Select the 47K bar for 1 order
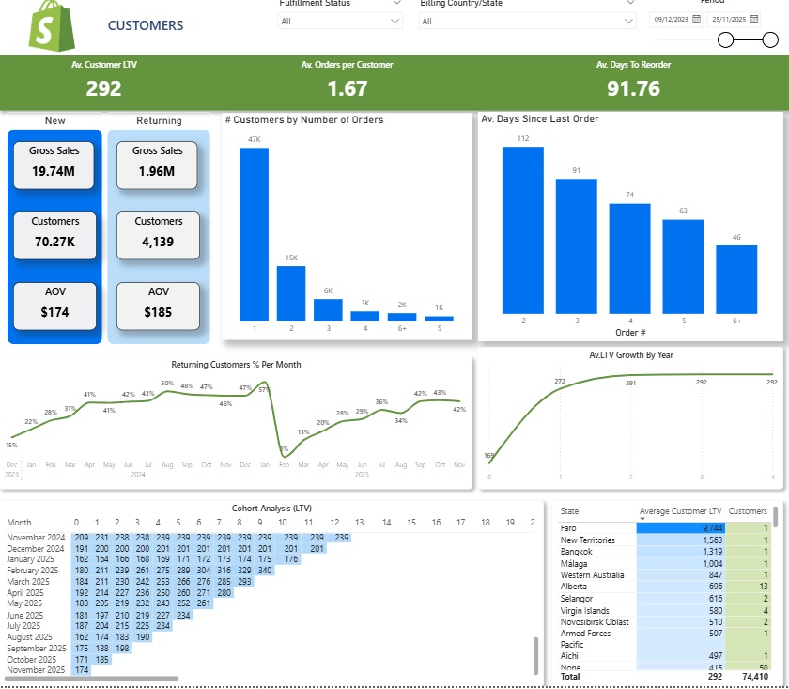pos(254,234)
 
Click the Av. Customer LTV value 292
pos(103,89)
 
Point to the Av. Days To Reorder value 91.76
pos(633,89)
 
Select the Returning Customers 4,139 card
pos(158,235)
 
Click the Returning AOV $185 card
pos(158,306)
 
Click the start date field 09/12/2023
pos(675,19)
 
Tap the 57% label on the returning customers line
pos(264,389)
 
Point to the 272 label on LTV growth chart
pos(560,381)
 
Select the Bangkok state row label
pos(577,552)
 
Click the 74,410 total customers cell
pos(749,676)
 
